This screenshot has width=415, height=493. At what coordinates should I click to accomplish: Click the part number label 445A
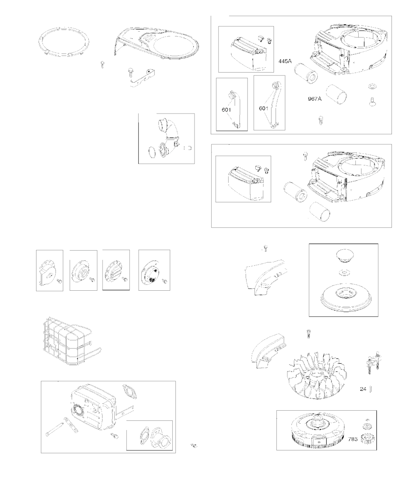point(285,61)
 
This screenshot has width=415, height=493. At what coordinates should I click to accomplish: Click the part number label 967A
point(314,99)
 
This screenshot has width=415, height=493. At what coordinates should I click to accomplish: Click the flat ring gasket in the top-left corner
point(64,41)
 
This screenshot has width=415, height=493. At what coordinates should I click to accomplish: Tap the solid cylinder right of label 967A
point(336,94)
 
